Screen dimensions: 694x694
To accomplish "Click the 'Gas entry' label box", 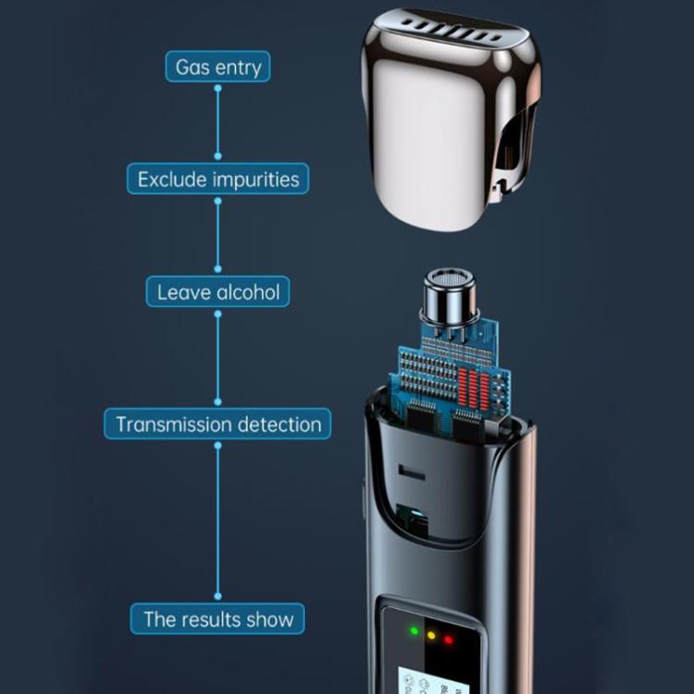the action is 217,67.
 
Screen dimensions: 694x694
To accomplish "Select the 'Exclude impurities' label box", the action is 217,179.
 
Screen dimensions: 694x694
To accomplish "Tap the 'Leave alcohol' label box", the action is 217,291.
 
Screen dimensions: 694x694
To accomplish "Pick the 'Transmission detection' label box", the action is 217,424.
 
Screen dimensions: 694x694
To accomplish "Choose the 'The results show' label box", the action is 217,618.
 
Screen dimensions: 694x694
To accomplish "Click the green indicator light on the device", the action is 415,630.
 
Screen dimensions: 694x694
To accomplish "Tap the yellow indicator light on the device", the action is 431,636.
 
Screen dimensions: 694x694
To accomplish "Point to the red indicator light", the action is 449,640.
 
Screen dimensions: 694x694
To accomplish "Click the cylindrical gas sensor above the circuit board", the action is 450,297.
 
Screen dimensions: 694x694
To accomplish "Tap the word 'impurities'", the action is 256,180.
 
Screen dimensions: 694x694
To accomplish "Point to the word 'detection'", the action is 279,425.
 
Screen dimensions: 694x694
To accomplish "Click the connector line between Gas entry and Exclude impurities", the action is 217,122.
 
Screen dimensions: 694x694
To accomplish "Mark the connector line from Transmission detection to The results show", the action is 217,521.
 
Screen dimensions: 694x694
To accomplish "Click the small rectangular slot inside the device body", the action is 412,472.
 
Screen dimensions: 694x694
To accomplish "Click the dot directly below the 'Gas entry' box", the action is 217,89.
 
